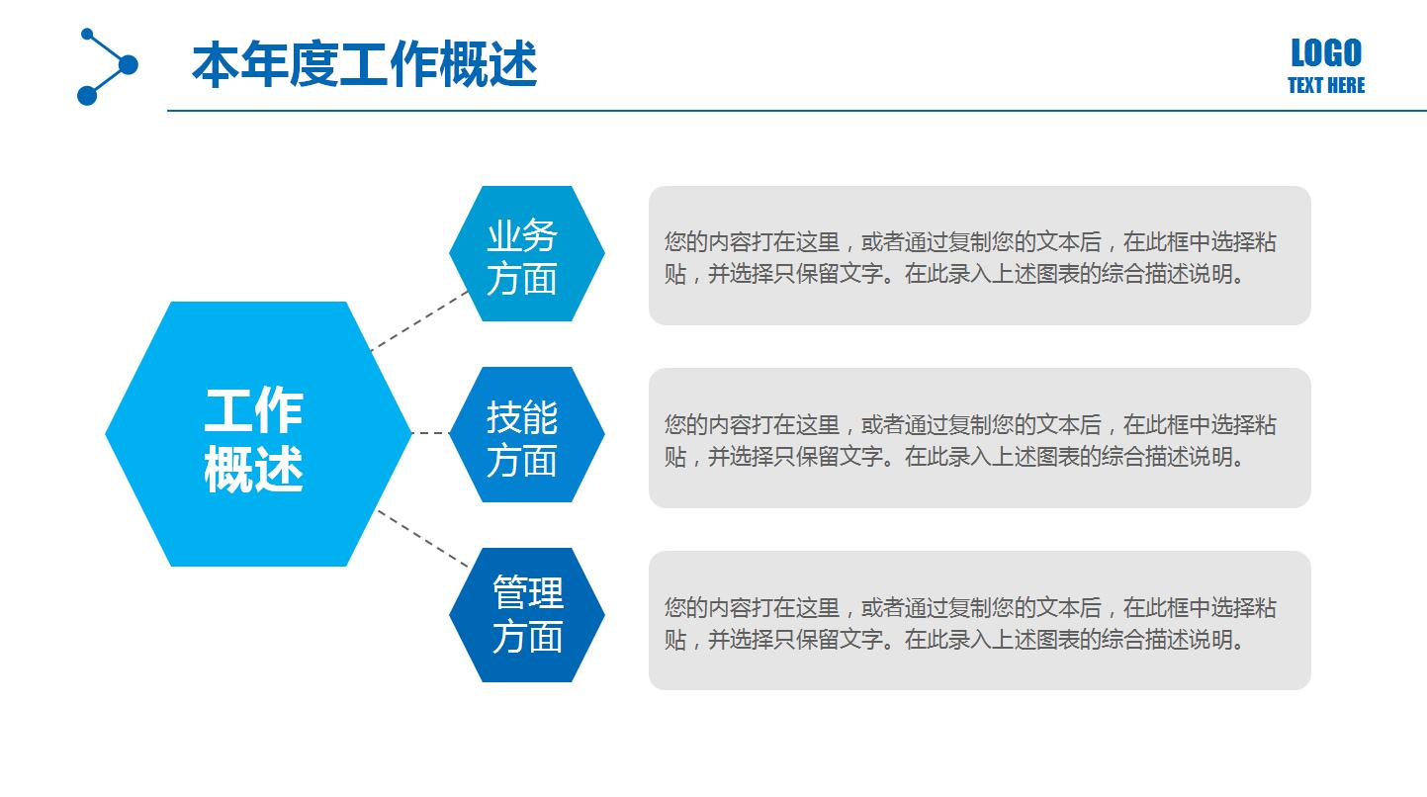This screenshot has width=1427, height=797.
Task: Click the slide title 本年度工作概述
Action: click(x=364, y=65)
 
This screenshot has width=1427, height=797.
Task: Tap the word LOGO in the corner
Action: click(x=1325, y=52)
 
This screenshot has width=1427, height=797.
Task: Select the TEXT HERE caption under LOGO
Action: click(x=1325, y=86)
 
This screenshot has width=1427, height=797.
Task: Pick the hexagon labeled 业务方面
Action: click(x=526, y=254)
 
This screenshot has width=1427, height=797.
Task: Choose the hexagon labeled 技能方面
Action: click(x=526, y=435)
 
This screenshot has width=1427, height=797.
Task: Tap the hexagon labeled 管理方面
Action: click(x=526, y=615)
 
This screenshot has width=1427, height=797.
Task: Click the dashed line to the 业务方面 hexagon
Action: click(x=418, y=321)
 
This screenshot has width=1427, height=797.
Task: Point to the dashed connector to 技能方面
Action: click(x=429, y=433)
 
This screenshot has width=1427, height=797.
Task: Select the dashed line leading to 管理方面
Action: click(x=422, y=539)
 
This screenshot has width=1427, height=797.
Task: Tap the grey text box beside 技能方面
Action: click(x=979, y=485)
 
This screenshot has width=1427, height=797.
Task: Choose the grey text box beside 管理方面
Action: click(x=979, y=666)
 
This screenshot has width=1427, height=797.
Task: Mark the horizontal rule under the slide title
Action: click(x=791, y=111)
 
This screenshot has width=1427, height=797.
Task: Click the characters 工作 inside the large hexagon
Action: click(x=253, y=409)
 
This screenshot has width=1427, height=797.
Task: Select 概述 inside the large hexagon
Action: click(x=253, y=469)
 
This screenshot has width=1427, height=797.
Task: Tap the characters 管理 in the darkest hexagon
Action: click(x=527, y=593)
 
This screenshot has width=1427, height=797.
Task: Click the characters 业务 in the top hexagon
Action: click(x=522, y=235)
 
